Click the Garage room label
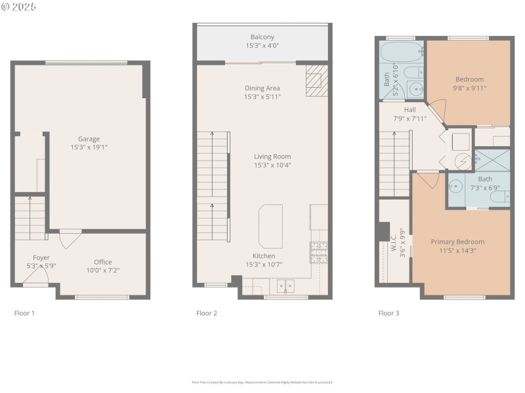pos(89,139)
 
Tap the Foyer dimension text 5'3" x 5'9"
pos(41,266)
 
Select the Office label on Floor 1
pos(103,262)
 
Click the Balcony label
pos(262,37)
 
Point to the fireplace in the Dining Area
pos(314,77)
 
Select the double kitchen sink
pos(285,286)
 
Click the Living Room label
pos(272,157)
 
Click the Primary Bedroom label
pos(457,242)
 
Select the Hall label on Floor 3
pos(410,110)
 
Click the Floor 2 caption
pos(207,313)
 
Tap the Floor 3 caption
pos(388,313)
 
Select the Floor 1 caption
pos(24,313)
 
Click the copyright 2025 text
pos(19,6)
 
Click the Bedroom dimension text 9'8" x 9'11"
pos(469,88)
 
